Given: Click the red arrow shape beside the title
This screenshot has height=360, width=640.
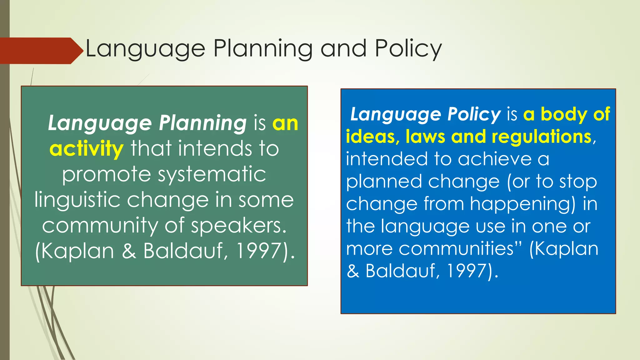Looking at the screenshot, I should [x=41, y=51].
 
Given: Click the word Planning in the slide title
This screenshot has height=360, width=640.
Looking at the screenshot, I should [x=263, y=49].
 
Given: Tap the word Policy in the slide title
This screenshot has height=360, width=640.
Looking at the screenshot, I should [x=408, y=49].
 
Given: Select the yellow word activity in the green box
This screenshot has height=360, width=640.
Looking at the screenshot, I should [x=87, y=149].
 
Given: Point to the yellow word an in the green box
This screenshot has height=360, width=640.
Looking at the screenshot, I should [x=285, y=123].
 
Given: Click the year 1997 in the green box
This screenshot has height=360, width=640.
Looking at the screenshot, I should [x=259, y=251].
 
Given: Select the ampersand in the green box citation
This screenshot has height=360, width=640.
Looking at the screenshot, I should [x=129, y=251].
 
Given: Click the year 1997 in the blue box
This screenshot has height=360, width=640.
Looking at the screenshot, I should [x=467, y=271].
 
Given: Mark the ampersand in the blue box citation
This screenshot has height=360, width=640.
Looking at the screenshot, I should [x=353, y=271].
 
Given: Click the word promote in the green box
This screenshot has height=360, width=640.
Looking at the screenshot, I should [x=106, y=174].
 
